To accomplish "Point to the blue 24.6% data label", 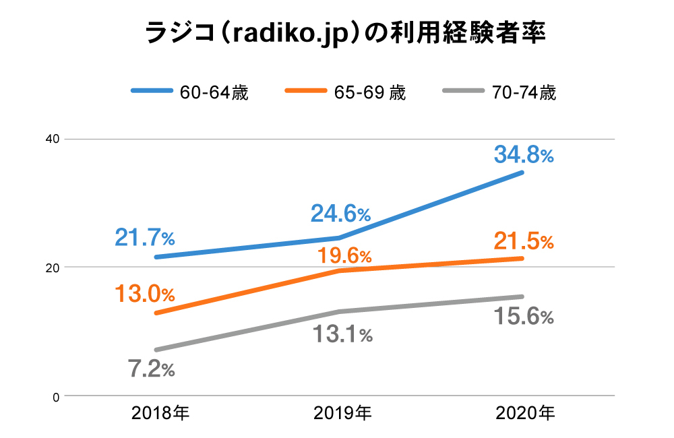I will (340, 214).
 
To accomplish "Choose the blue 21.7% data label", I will (145, 237).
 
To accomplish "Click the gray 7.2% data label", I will (151, 369).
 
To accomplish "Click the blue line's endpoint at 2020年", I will (522, 173).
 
